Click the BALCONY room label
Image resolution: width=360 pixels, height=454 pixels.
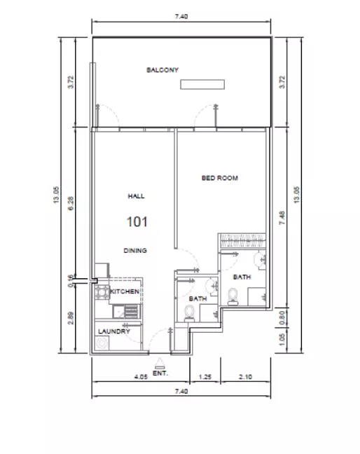click(x=162, y=70)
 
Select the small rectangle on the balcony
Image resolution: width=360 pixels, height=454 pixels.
click(x=202, y=85)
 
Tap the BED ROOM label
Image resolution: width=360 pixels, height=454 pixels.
click(x=219, y=179)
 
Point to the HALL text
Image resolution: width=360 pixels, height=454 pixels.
click(x=136, y=197)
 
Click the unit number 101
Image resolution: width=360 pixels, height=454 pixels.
click(x=136, y=222)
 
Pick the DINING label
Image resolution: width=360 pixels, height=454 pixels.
click(x=136, y=250)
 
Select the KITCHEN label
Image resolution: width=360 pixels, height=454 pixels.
click(x=125, y=291)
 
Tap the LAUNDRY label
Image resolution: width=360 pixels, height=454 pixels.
click(x=113, y=331)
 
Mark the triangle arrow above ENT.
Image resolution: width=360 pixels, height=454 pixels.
click(x=160, y=364)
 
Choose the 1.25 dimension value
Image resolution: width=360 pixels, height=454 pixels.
click(x=206, y=377)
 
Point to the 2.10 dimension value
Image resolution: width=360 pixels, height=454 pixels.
click(x=244, y=377)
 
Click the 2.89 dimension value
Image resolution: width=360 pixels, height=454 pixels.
click(x=71, y=317)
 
